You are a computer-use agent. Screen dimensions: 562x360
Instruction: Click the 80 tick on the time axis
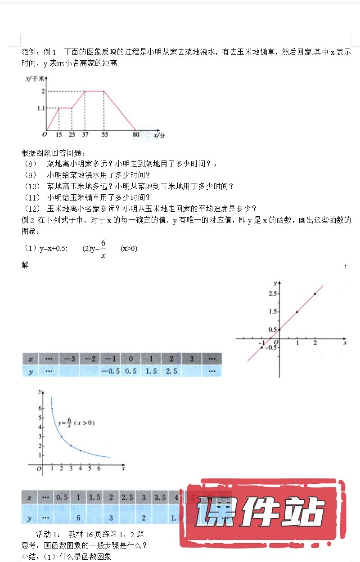click(136, 134)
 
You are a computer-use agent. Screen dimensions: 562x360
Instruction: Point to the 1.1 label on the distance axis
click(41, 108)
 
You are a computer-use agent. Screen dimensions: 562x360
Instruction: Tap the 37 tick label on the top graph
click(85, 134)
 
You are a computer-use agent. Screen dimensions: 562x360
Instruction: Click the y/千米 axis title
click(35, 79)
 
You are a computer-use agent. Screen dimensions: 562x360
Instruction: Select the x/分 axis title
click(159, 134)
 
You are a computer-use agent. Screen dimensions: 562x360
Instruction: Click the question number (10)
click(33, 186)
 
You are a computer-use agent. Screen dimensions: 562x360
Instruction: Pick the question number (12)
click(33, 208)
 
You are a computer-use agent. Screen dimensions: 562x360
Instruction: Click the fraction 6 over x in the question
click(103, 249)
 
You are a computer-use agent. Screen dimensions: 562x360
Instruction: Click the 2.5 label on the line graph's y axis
click(271, 294)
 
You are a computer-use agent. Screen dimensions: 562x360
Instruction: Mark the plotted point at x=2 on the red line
click(315, 294)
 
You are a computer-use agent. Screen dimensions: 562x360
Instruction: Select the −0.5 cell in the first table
click(110, 371)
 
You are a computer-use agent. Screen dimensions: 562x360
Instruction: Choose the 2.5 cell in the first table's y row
click(171, 371)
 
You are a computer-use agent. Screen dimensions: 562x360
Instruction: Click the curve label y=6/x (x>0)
click(76, 423)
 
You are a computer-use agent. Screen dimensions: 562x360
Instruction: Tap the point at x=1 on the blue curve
click(52, 408)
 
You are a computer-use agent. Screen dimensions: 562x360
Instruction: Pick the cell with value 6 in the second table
click(78, 518)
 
